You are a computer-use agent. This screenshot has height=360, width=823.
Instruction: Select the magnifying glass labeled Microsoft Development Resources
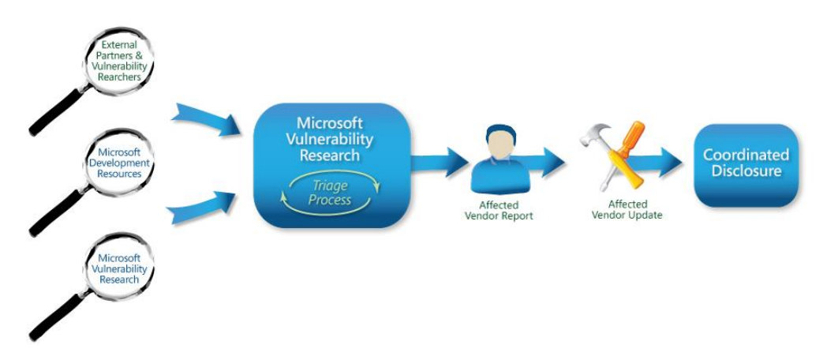tap(119, 163)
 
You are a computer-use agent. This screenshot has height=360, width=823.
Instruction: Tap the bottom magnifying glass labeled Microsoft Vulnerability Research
tap(119, 268)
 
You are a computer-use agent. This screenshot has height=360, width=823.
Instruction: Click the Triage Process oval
tap(331, 194)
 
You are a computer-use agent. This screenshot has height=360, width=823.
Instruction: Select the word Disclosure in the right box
tap(746, 171)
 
